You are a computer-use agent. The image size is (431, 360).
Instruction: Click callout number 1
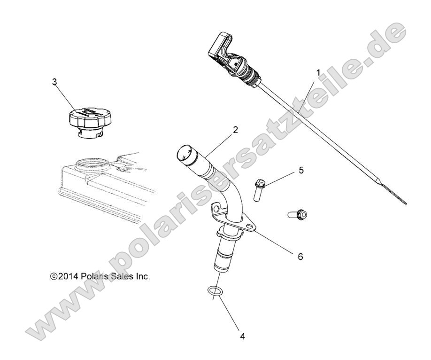click(318, 73)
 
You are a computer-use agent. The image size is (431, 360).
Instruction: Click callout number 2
click(235, 130)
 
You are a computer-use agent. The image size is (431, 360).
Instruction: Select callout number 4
click(242, 337)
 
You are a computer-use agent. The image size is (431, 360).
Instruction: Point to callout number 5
click(300, 170)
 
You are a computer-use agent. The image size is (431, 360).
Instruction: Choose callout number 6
click(300, 257)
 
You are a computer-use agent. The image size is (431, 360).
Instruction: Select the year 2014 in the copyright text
click(65, 277)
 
